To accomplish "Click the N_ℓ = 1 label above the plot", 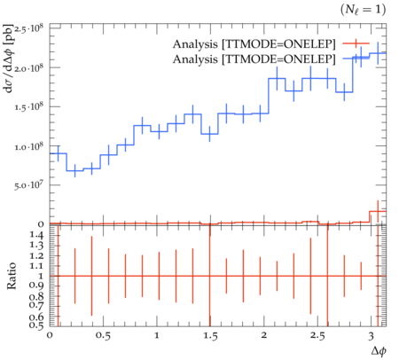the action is click(363, 10).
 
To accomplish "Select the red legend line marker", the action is click(356, 43).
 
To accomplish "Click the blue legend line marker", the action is click(356, 59).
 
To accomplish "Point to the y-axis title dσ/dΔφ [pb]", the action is click(9, 59).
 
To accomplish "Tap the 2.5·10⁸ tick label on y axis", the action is click(29, 29).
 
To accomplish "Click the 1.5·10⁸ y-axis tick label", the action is click(29, 106).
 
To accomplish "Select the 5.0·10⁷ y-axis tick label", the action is click(29, 185).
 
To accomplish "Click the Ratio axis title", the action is click(12, 276).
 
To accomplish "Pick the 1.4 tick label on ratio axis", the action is click(36, 235).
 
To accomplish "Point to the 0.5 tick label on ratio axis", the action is click(36, 325).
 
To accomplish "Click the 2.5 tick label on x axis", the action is click(317, 336).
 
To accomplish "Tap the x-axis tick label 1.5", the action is click(210, 336).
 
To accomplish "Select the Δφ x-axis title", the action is click(379, 350).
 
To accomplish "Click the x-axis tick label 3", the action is click(371, 336).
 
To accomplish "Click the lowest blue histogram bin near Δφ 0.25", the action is click(74, 170).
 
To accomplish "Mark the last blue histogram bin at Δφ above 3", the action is click(378, 53).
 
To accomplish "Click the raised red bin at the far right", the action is click(378, 211).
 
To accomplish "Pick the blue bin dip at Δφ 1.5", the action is click(209, 134).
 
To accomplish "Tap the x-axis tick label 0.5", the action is click(103, 336).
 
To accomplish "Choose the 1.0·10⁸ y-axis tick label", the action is click(29, 146).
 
